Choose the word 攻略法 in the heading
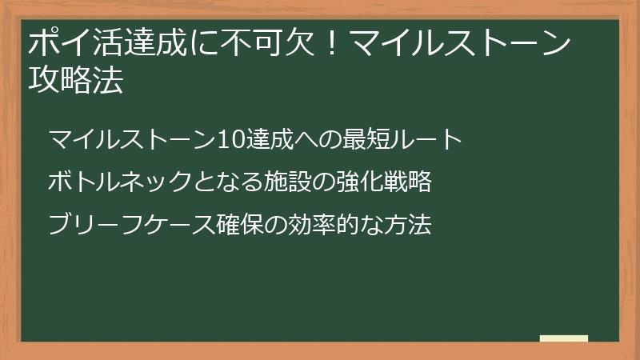(75, 81)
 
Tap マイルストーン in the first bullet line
(132, 139)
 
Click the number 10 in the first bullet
(230, 139)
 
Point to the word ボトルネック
(119, 182)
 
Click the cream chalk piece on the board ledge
(564, 338)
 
